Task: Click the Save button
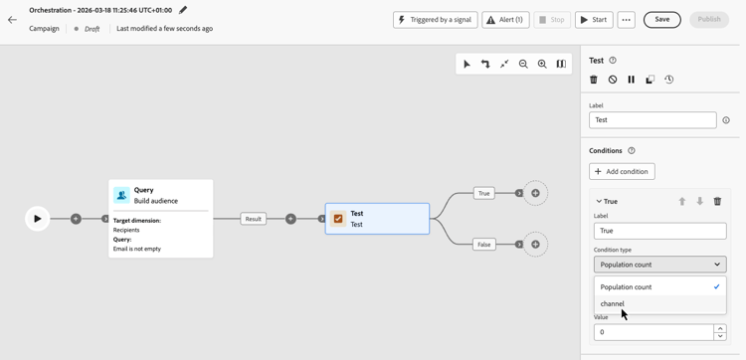[x=661, y=20]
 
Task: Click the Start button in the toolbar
[x=594, y=20]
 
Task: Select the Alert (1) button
[x=505, y=20]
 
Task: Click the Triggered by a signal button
[x=436, y=20]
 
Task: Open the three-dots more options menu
[x=626, y=20]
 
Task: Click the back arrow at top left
[x=12, y=20]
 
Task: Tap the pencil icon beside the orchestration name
[x=183, y=10]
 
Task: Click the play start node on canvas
[x=38, y=219]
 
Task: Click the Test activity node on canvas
[x=377, y=219]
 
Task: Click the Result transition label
[x=254, y=219]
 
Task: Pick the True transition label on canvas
[x=483, y=193]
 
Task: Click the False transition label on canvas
[x=483, y=244]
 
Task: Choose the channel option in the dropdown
[x=613, y=304]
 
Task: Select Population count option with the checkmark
[x=627, y=286]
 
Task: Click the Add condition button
[x=622, y=171]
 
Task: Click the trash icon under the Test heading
[x=594, y=80]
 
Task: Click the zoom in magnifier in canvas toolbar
[x=542, y=64]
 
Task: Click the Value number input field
[x=653, y=332]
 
